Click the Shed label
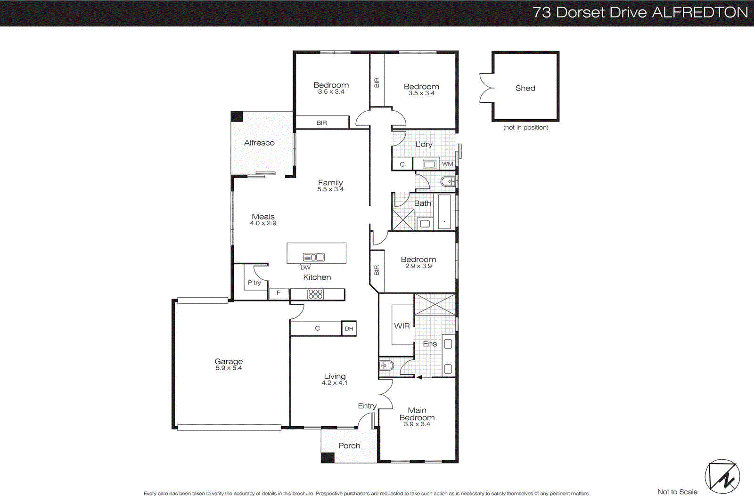click(x=525, y=88)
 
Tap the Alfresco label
click(x=259, y=143)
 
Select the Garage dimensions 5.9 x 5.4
click(x=229, y=368)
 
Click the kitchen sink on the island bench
click(x=314, y=257)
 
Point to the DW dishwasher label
click(x=305, y=268)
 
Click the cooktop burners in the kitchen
click(x=315, y=294)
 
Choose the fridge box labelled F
click(x=279, y=293)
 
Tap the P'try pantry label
click(x=254, y=283)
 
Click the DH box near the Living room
click(x=349, y=328)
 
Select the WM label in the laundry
click(x=448, y=164)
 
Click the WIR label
click(x=402, y=326)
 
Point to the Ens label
click(x=430, y=344)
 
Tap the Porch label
click(x=349, y=446)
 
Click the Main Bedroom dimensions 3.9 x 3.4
click(x=417, y=424)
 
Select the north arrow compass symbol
click(x=722, y=477)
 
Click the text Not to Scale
click(x=677, y=492)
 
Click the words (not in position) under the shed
click(x=525, y=128)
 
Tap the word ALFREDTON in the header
click(x=700, y=12)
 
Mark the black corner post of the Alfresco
click(x=237, y=116)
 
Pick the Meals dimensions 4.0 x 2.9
click(x=263, y=223)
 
